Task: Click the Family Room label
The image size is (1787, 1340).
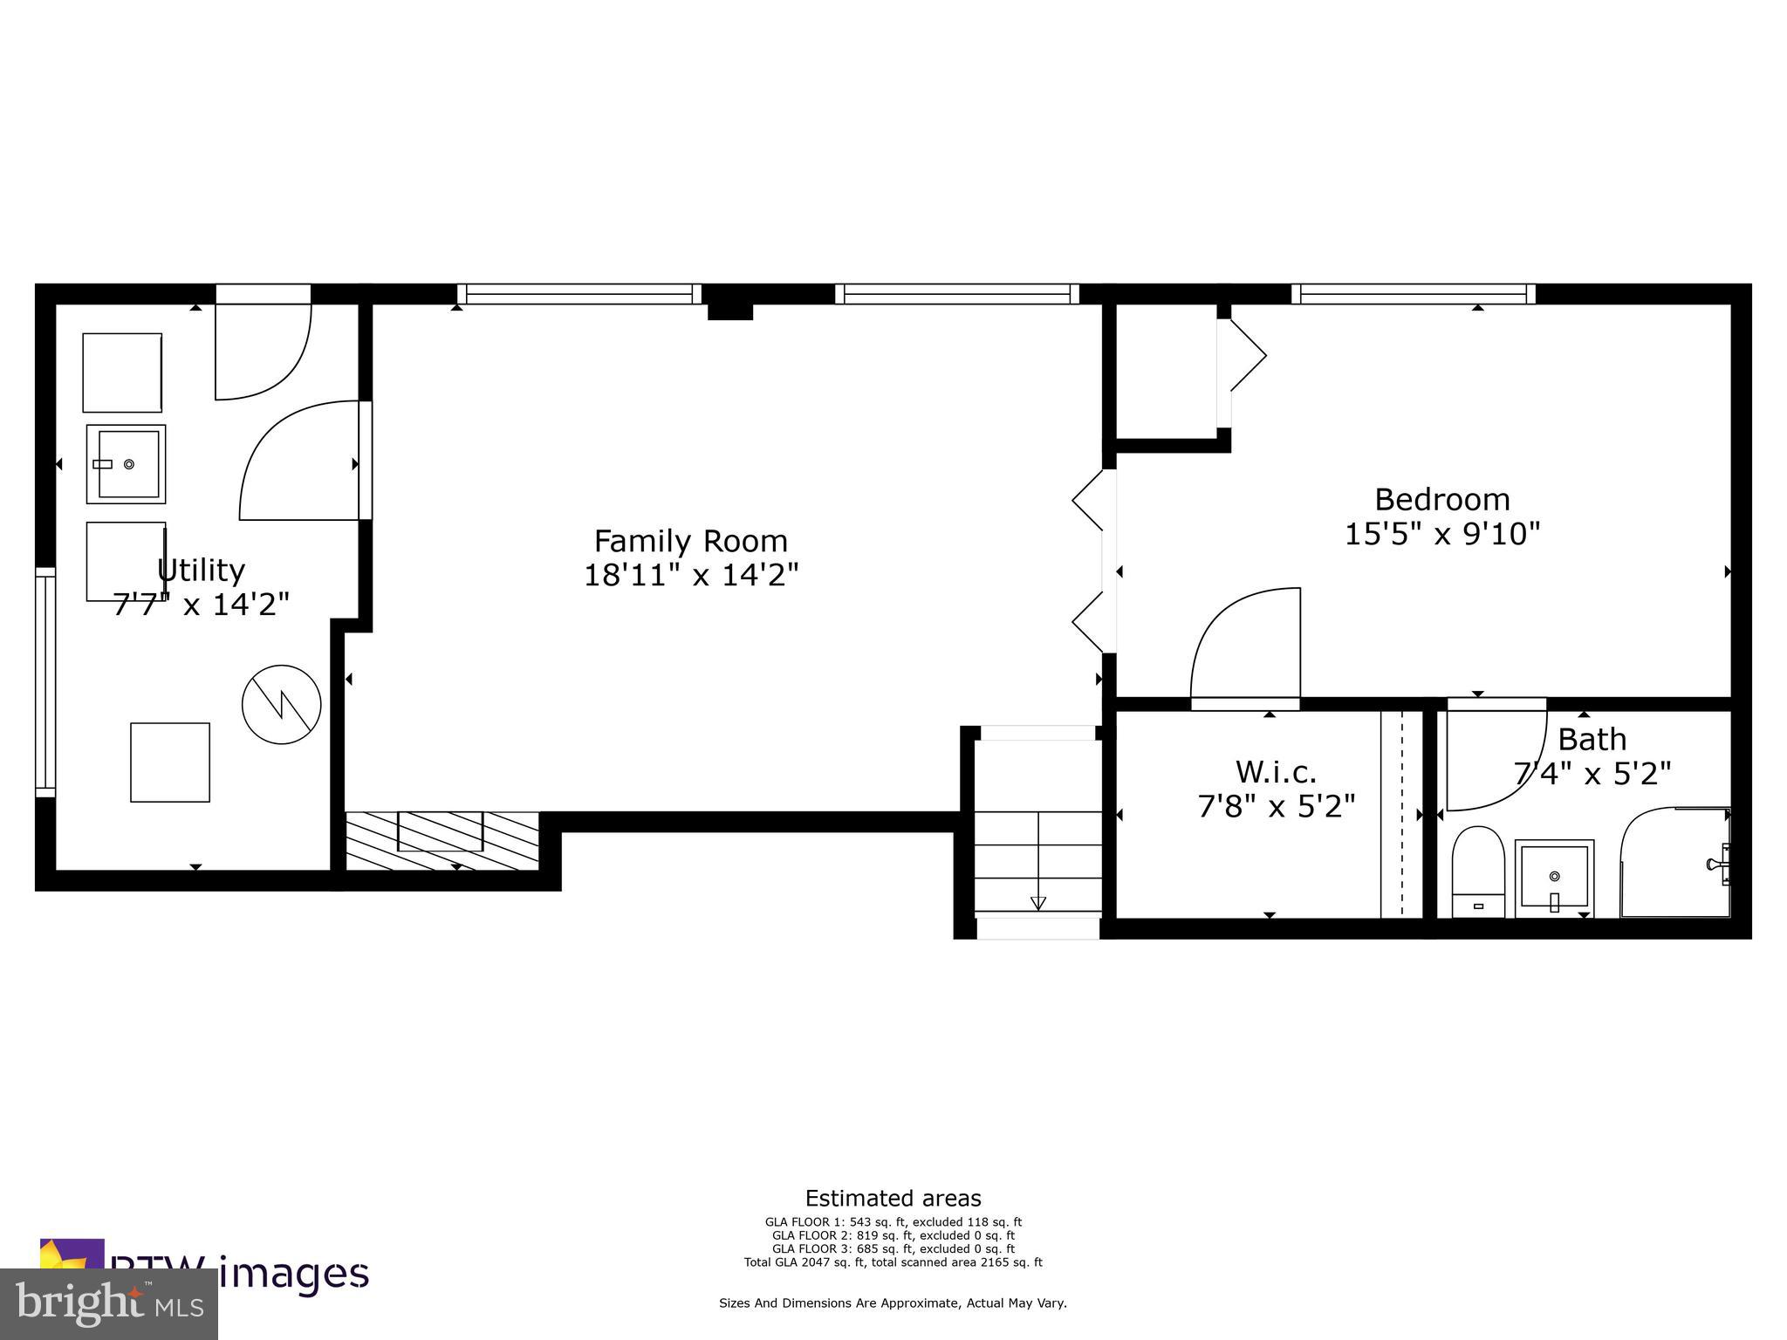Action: pyautogui.click(x=690, y=541)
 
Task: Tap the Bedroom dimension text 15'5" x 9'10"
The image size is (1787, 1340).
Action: pyautogui.click(x=1441, y=534)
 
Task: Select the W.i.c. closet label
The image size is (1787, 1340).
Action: pyautogui.click(x=1276, y=772)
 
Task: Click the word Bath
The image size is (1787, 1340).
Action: pyautogui.click(x=1592, y=740)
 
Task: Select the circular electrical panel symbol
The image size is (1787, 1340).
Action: pyautogui.click(x=281, y=705)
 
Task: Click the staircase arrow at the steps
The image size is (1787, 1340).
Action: pyautogui.click(x=1037, y=903)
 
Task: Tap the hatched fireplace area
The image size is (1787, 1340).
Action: pyautogui.click(x=442, y=840)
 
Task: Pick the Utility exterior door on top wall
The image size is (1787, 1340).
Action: pyautogui.click(x=263, y=294)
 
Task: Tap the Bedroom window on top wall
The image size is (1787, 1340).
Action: pyautogui.click(x=1413, y=294)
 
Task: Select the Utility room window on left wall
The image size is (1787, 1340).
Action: pyautogui.click(x=45, y=681)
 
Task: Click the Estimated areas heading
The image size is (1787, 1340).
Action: pyautogui.click(x=893, y=1198)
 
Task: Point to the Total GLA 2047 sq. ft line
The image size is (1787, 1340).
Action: pyautogui.click(x=893, y=1262)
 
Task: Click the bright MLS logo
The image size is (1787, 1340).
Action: pyautogui.click(x=108, y=1303)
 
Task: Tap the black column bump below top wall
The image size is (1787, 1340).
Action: pyautogui.click(x=729, y=311)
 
